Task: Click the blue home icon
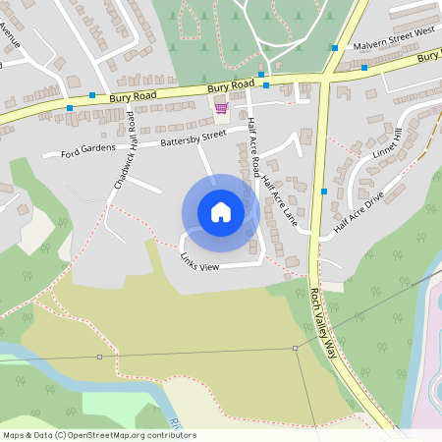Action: [221, 211]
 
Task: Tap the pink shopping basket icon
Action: [221, 108]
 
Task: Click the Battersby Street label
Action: [193, 142]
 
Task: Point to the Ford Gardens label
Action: [88, 152]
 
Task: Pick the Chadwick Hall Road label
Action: [124, 150]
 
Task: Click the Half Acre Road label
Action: [253, 145]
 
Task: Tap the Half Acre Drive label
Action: [358, 214]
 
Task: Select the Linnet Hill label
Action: [389, 144]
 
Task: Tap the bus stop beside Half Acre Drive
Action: [323, 191]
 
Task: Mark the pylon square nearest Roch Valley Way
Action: [295, 348]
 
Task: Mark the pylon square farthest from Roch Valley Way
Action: [99, 357]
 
